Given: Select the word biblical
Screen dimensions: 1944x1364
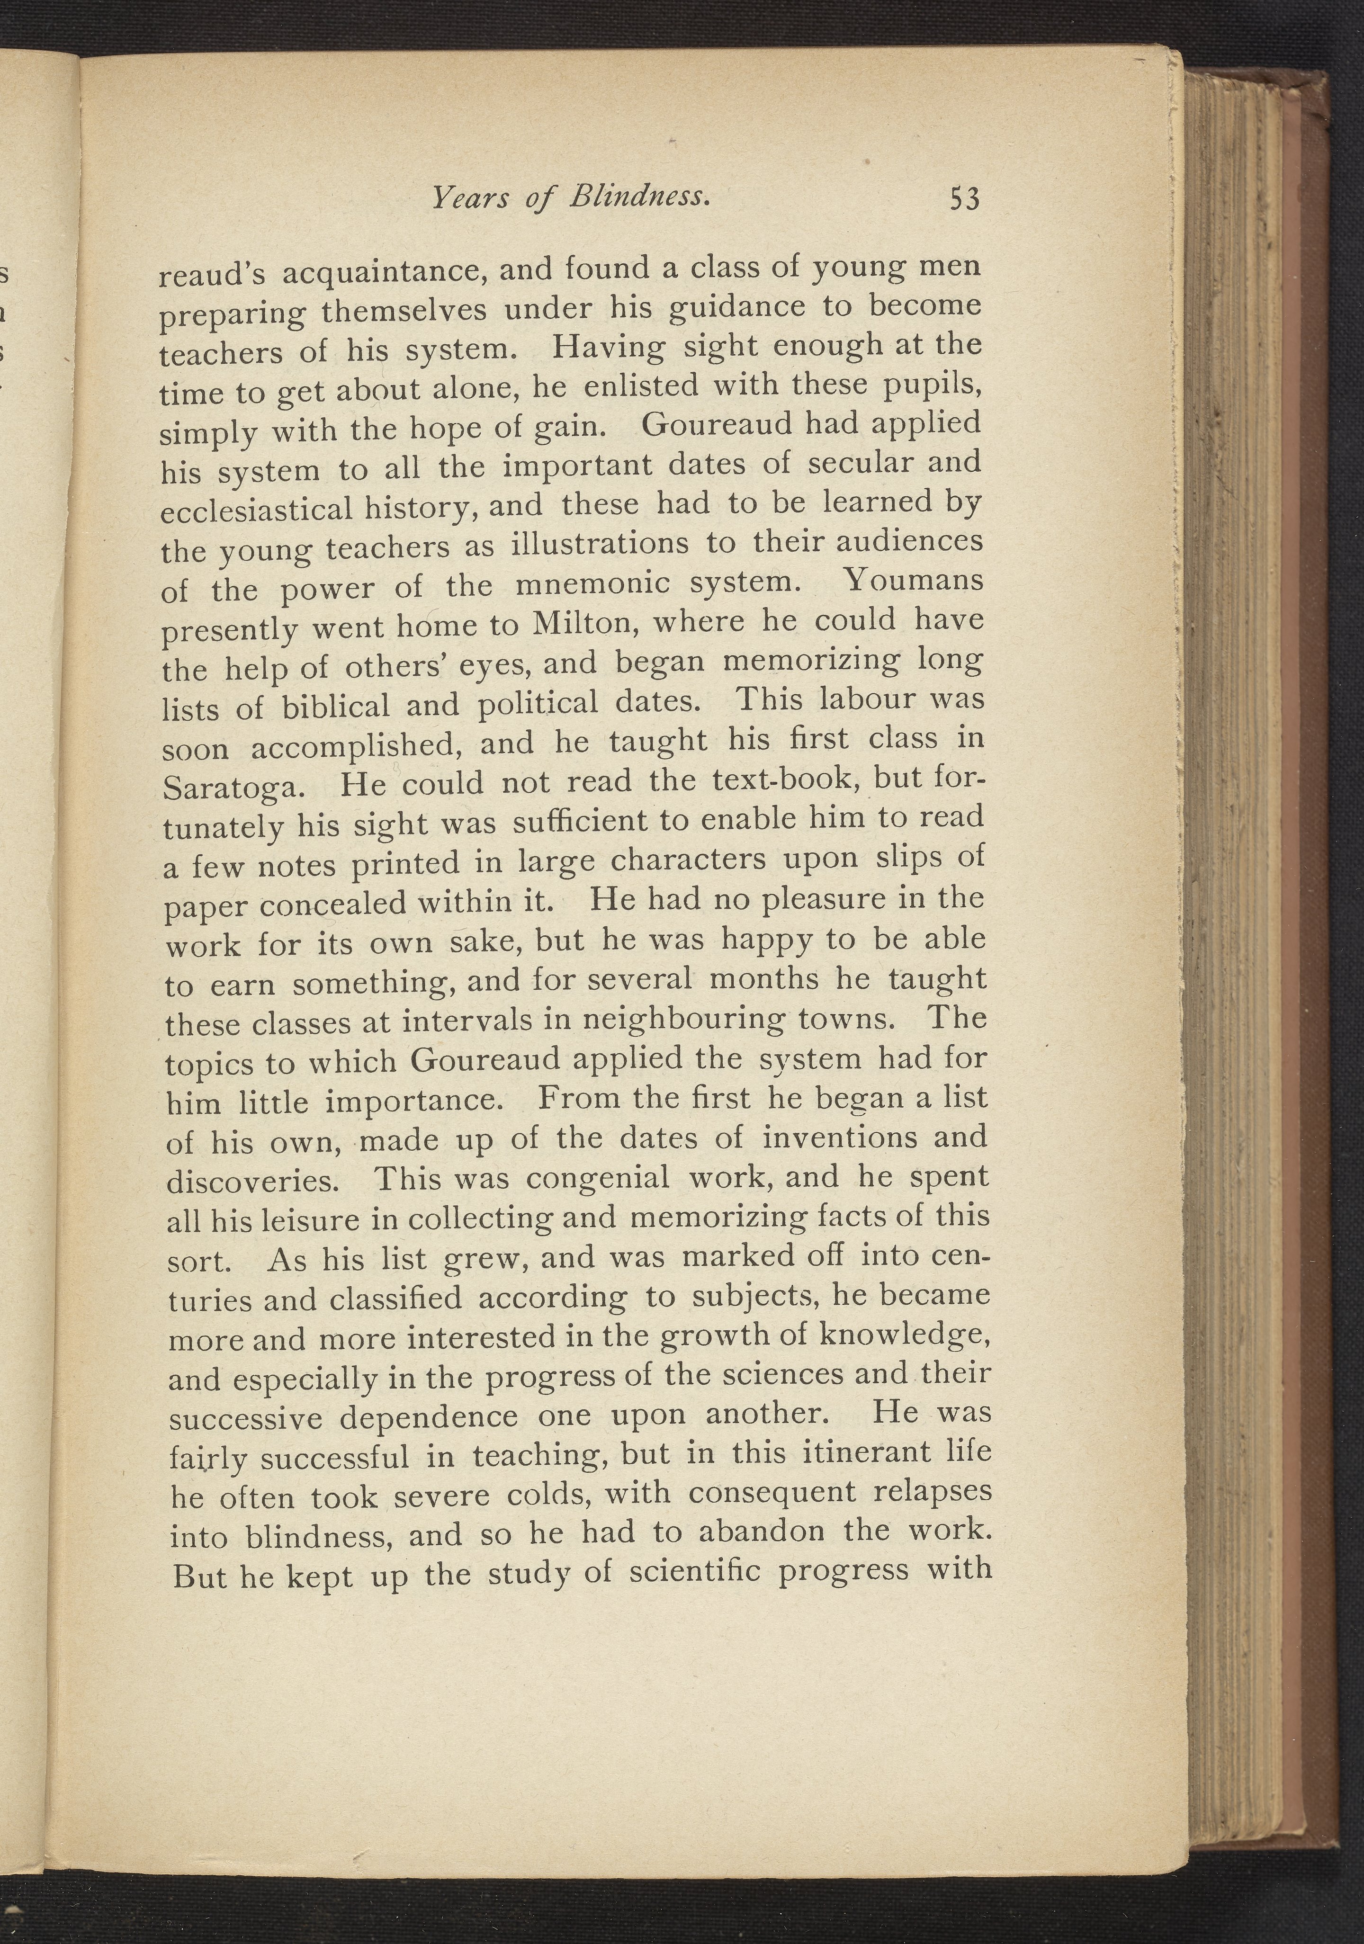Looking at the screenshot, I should pyautogui.click(x=335, y=705).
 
